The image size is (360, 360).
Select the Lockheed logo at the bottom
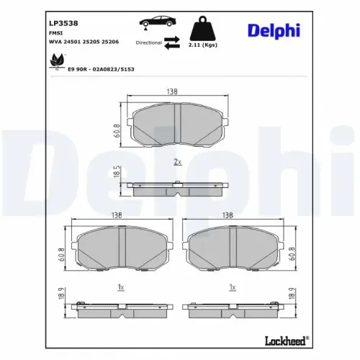[287, 340]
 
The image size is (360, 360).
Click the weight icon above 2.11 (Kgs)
[204, 29]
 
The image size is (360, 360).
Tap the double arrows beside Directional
[172, 43]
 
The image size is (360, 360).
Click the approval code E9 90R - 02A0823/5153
[101, 69]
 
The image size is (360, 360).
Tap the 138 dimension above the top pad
[173, 92]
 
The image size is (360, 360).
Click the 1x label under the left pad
[121, 287]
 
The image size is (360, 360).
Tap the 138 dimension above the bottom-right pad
[228, 215]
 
